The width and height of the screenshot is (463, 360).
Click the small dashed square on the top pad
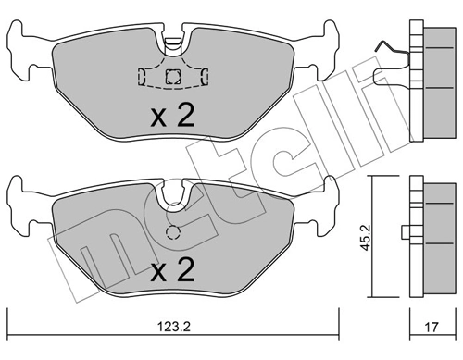coord(170,77)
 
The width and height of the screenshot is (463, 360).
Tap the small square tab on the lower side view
coord(407,232)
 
